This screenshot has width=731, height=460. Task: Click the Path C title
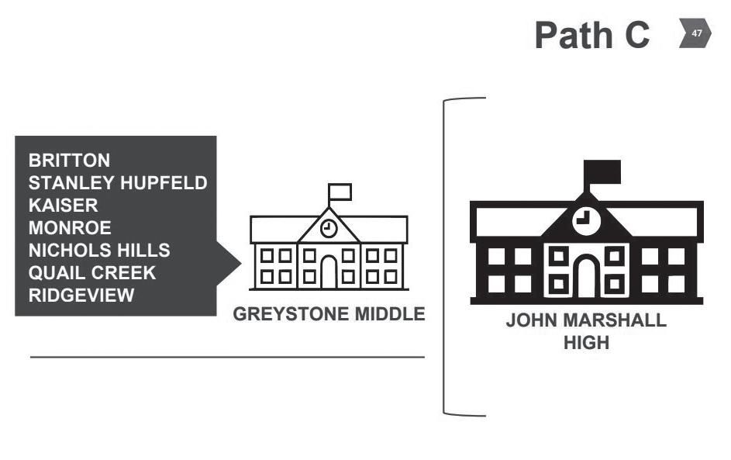pyautogui.click(x=592, y=35)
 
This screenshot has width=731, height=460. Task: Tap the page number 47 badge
pyautogui.click(x=695, y=33)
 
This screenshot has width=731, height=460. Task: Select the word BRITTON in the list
pyautogui.click(x=70, y=161)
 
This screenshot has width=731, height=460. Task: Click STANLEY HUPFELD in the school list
pyautogui.click(x=118, y=183)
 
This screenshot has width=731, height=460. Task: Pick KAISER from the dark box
pyautogui.click(x=64, y=206)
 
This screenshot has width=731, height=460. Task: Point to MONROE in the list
pyautogui.click(x=70, y=227)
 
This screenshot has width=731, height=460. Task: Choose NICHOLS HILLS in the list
pyautogui.click(x=99, y=250)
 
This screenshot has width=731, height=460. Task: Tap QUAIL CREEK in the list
pyautogui.click(x=92, y=272)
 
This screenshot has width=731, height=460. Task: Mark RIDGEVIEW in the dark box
pyautogui.click(x=81, y=296)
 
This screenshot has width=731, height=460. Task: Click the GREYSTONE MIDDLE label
pyautogui.click(x=329, y=314)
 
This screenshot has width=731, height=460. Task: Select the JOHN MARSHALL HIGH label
pyautogui.click(x=587, y=332)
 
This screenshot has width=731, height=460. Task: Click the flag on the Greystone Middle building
pyautogui.click(x=340, y=192)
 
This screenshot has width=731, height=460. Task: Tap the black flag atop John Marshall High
pyautogui.click(x=602, y=172)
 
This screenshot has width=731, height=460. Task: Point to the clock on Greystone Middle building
pyautogui.click(x=329, y=228)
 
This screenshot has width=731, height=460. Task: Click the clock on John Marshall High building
pyautogui.click(x=587, y=220)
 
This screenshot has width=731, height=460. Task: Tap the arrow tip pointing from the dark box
pyautogui.click(x=240, y=264)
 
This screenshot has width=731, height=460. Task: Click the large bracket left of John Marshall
pyautogui.click(x=444, y=257)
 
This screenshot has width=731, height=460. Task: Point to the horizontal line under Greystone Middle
pyautogui.click(x=227, y=358)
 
